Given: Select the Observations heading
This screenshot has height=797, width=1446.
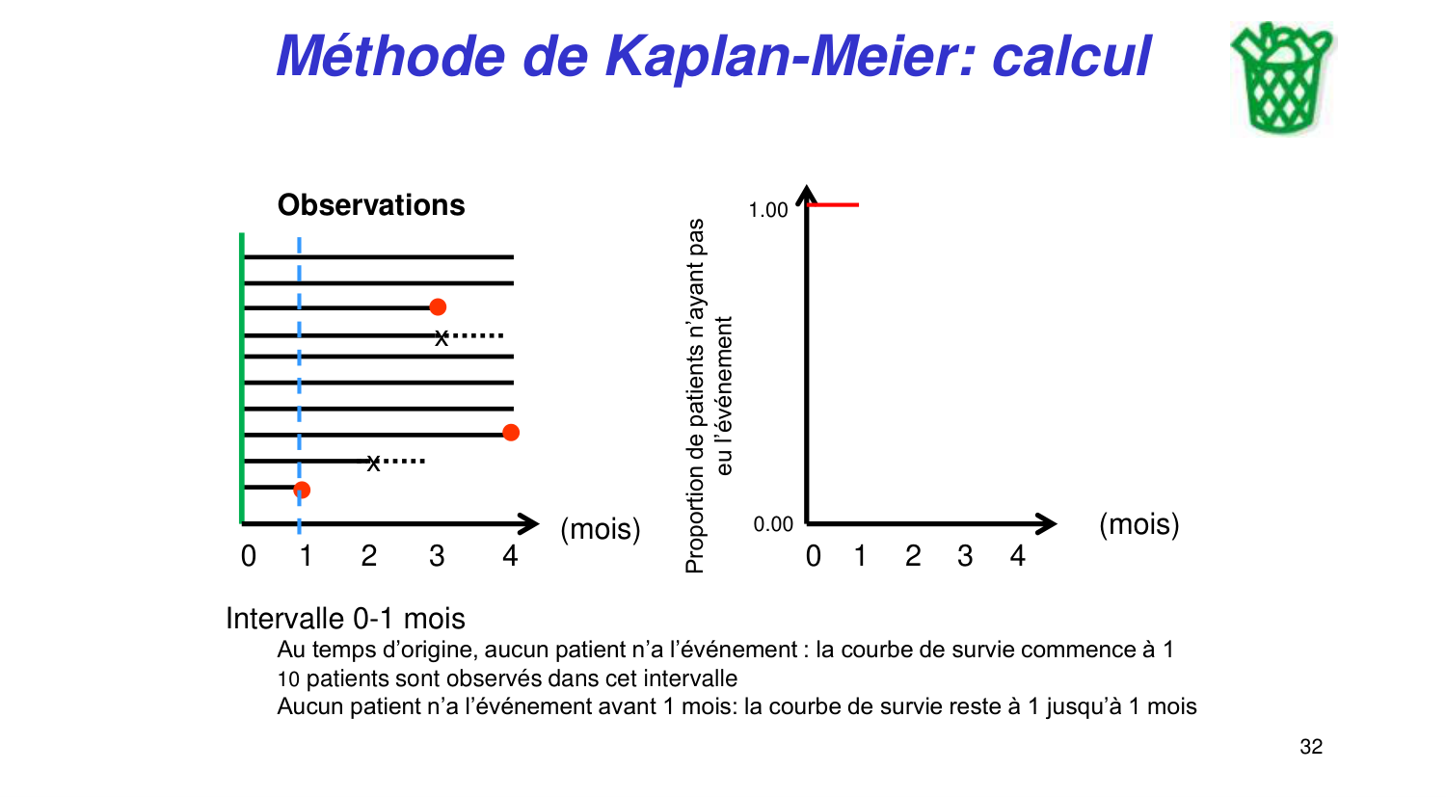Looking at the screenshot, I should [x=371, y=205].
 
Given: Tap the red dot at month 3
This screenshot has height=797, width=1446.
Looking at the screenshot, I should [x=438, y=307].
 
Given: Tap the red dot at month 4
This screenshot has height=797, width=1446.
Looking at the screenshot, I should [x=511, y=433].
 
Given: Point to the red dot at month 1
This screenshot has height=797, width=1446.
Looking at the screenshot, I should [x=302, y=490].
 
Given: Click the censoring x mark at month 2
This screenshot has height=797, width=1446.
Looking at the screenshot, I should [x=374, y=464].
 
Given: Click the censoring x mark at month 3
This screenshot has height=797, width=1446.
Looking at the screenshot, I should [x=442, y=338].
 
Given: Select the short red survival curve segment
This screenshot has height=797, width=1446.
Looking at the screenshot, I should [x=833, y=205].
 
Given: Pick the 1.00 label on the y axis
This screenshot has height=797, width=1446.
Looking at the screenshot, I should [x=768, y=210].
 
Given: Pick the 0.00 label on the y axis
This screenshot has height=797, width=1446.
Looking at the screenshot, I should [x=773, y=524].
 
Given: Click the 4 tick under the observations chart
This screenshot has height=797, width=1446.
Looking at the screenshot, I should [x=510, y=556].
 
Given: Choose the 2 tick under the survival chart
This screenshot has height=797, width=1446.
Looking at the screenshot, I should [x=913, y=556].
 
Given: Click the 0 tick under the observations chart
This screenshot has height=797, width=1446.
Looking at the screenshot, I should [x=249, y=556].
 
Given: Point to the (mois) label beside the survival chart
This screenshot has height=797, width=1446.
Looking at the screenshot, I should [x=1138, y=524].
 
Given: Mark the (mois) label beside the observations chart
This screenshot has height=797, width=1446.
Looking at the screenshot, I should [x=601, y=529].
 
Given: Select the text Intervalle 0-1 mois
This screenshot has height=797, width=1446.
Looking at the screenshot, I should [x=345, y=619].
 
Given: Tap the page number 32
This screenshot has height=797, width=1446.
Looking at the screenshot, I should [x=1311, y=747].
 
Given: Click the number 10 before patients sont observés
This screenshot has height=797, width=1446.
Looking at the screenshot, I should [x=289, y=679].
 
